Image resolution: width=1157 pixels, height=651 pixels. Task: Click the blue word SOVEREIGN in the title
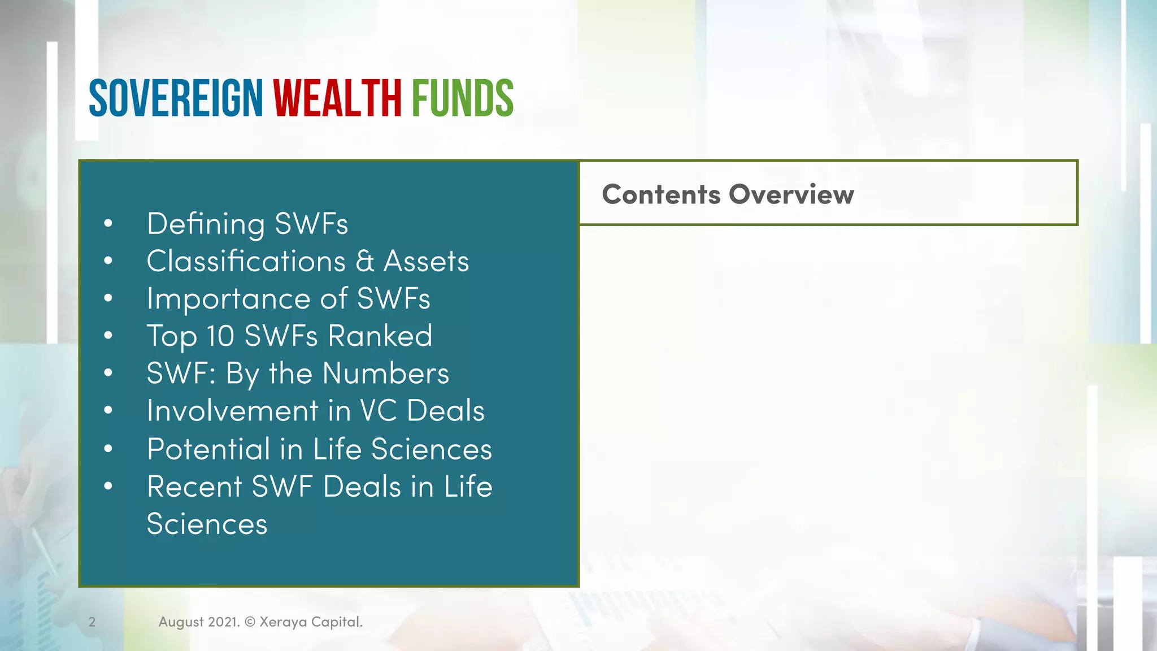coord(176,98)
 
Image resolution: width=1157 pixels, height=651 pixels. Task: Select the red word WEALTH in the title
coord(337,98)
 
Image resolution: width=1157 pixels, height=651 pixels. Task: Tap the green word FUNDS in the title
coord(462,98)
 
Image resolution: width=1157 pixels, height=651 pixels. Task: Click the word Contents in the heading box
coord(661,194)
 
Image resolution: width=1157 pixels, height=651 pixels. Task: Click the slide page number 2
coord(92,622)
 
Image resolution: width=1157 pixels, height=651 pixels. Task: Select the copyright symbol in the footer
coord(250,622)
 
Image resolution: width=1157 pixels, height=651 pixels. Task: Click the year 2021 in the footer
coord(224,622)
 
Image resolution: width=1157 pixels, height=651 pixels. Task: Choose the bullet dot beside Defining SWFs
coord(108,224)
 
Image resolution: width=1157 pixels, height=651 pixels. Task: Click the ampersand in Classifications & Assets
coord(365,262)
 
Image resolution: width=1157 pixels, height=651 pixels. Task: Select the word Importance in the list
coord(228,299)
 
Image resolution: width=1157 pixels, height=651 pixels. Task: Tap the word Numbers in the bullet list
coord(386,374)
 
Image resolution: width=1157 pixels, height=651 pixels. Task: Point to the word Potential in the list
coord(208,449)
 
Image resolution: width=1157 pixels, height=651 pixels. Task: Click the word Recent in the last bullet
coord(194,487)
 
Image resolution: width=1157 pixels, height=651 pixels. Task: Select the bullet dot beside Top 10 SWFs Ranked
coord(108,336)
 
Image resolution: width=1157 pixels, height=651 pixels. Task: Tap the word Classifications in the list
coord(246,262)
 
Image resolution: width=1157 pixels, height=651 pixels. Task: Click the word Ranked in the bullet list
coord(380,336)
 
